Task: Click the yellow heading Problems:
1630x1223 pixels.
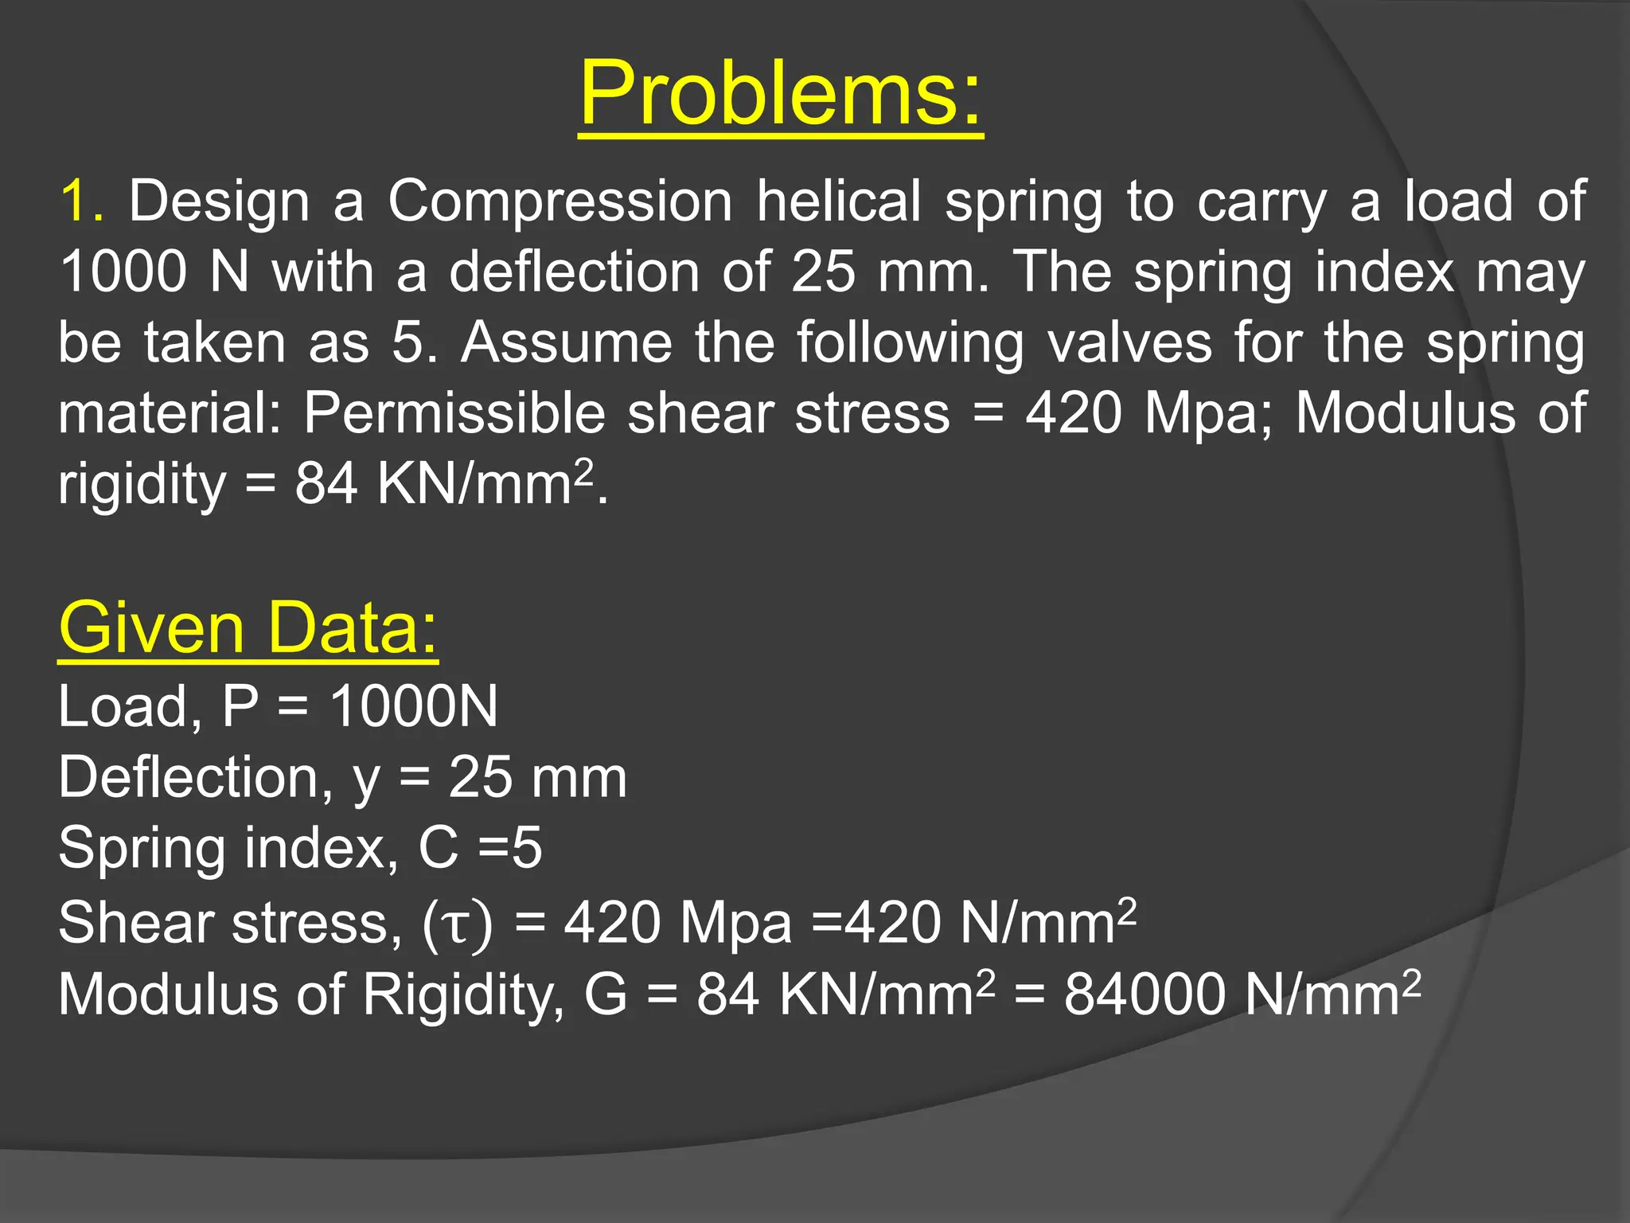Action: pos(781,94)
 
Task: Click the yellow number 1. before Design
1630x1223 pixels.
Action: pos(82,201)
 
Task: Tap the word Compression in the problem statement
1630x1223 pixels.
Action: pos(560,202)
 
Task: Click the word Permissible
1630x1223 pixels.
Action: pos(454,413)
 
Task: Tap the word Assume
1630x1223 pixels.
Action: pos(567,343)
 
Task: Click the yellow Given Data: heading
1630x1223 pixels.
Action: pos(248,628)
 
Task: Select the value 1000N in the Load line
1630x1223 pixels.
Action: pos(414,706)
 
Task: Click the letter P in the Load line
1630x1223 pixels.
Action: pos(240,706)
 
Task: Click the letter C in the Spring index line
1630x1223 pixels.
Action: pos(439,847)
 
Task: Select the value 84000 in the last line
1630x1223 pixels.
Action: pos(1145,994)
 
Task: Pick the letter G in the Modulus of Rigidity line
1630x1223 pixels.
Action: pos(606,994)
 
